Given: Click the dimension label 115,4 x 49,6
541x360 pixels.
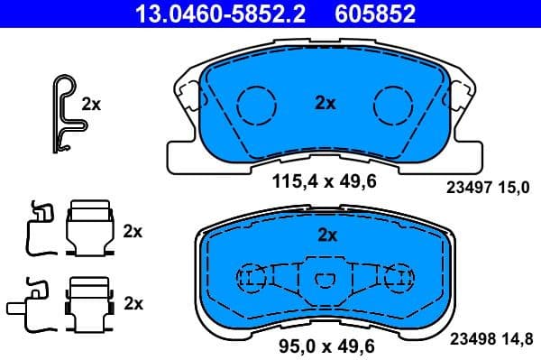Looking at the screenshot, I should [x=324, y=181].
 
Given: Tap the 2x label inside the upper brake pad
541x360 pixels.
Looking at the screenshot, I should [x=326, y=104].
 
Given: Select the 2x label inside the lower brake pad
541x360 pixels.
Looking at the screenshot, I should [x=326, y=235].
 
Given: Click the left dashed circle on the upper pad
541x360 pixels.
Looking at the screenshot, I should [x=259, y=105].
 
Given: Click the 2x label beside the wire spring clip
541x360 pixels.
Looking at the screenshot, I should [x=91, y=104].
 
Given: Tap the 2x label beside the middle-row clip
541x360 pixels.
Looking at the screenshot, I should [x=133, y=231].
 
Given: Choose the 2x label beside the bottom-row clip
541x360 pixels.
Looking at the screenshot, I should [x=133, y=303].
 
